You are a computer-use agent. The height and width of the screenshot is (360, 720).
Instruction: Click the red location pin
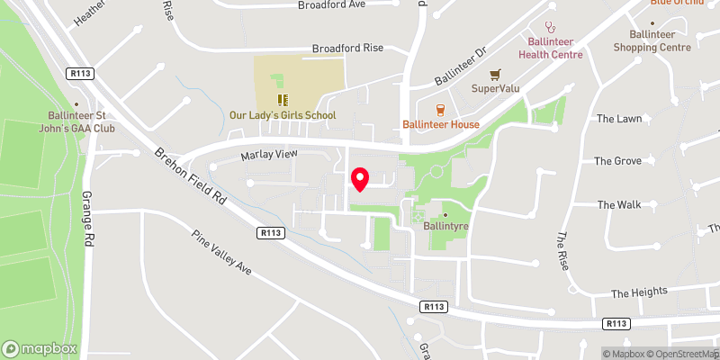360,179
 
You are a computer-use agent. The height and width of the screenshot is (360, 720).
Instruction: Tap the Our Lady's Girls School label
283,115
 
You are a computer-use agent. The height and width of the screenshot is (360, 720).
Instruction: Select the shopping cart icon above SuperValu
493,75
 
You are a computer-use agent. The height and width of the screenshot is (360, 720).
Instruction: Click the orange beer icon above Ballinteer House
440,110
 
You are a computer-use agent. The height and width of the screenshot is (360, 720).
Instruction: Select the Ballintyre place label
444,227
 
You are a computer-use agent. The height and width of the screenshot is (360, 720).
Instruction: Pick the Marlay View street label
268,155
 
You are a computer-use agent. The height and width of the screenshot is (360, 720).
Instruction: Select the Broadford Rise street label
346,49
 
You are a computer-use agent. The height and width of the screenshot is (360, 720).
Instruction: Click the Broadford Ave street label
331,5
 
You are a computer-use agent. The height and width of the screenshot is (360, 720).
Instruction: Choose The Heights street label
639,292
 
